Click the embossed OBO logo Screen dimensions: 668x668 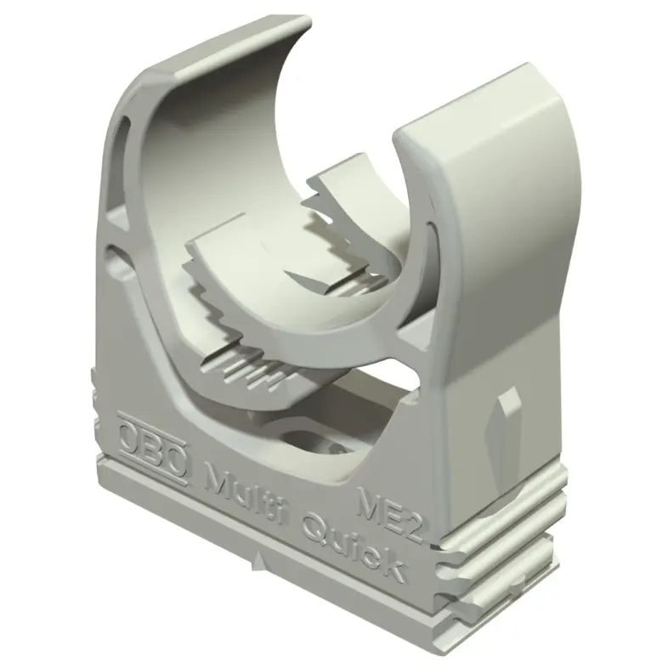152,447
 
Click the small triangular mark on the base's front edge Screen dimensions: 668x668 258,561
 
